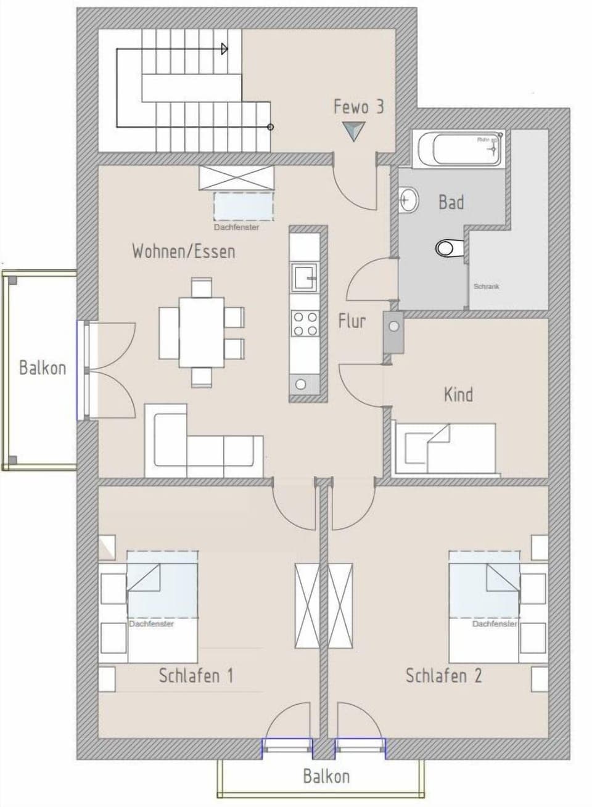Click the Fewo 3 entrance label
pos(358,106)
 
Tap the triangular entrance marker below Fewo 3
pos(354,131)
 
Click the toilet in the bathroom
pos(448,248)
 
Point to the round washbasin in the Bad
pos(408,200)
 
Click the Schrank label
pos(486,287)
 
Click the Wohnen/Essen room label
pos(183,252)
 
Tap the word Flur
pos(351,321)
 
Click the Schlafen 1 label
pos(195,676)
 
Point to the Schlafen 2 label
pos(443,676)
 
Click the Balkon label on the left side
pos(42,368)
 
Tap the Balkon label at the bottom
pos(326,776)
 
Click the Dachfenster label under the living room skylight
pos(236,227)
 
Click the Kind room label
pos(458,394)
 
